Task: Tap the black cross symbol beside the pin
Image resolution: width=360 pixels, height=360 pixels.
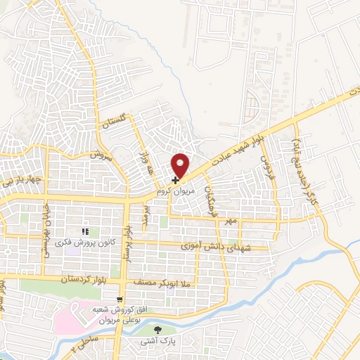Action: click(x=175, y=180)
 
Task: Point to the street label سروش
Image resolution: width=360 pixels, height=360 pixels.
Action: click(x=101, y=155)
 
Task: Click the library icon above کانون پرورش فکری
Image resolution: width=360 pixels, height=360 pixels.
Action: click(x=85, y=231)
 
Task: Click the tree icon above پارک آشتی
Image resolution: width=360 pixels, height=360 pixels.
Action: click(x=157, y=328)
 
